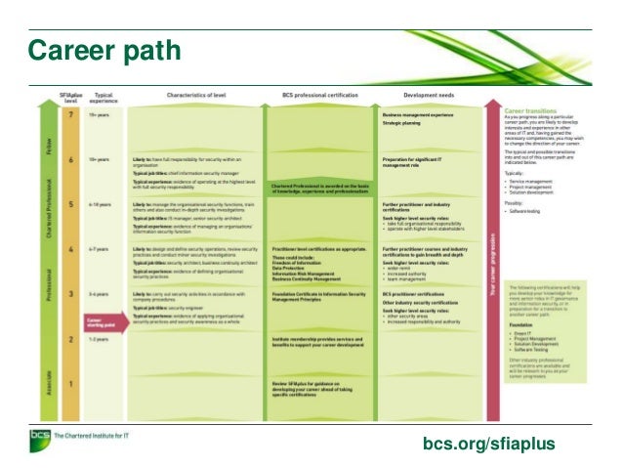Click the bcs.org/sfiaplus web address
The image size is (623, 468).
[488, 445]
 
